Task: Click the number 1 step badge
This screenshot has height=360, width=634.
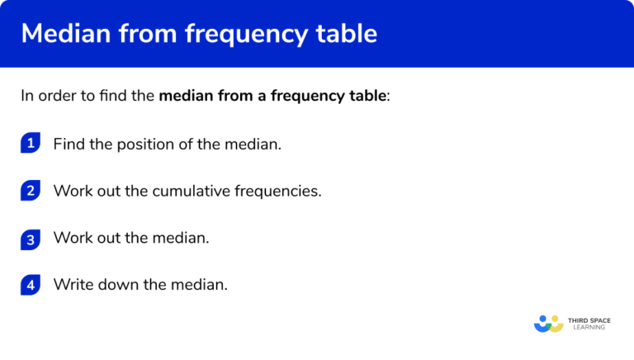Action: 31,144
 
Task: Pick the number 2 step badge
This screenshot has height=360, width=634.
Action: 31,191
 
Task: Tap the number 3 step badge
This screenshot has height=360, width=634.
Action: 31,239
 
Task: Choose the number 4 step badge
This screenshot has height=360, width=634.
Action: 31,286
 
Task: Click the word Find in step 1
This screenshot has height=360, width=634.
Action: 69,144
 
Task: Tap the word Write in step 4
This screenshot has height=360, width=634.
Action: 72,286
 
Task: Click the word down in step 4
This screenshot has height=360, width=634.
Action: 115,286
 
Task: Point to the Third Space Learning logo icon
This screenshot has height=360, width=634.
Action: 549,324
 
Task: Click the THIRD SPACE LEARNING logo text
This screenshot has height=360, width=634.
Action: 588,324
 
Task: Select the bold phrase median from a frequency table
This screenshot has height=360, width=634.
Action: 272,96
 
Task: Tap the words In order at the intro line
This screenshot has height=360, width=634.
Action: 45,96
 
